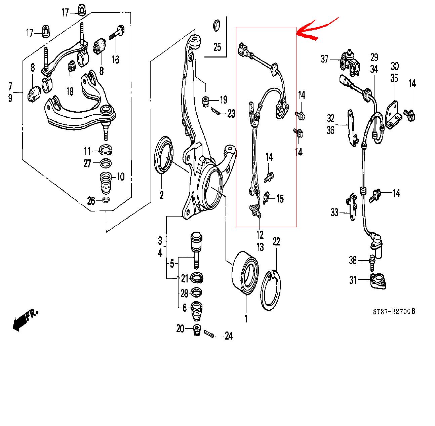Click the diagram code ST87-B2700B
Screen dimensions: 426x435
coord(394,312)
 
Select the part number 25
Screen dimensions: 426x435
coord(217,47)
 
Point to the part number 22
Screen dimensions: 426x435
coord(276,241)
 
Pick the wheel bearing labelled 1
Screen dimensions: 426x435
coord(245,273)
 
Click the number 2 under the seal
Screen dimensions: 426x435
coord(161,195)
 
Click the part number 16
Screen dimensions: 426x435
coord(115,60)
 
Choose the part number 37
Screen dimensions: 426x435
coord(324,59)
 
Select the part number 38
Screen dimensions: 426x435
coord(353,260)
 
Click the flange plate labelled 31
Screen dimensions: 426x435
coord(378,280)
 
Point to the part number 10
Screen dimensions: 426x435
coord(120,176)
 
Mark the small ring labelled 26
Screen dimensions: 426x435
coord(106,201)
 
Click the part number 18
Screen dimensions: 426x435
coord(70,91)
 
